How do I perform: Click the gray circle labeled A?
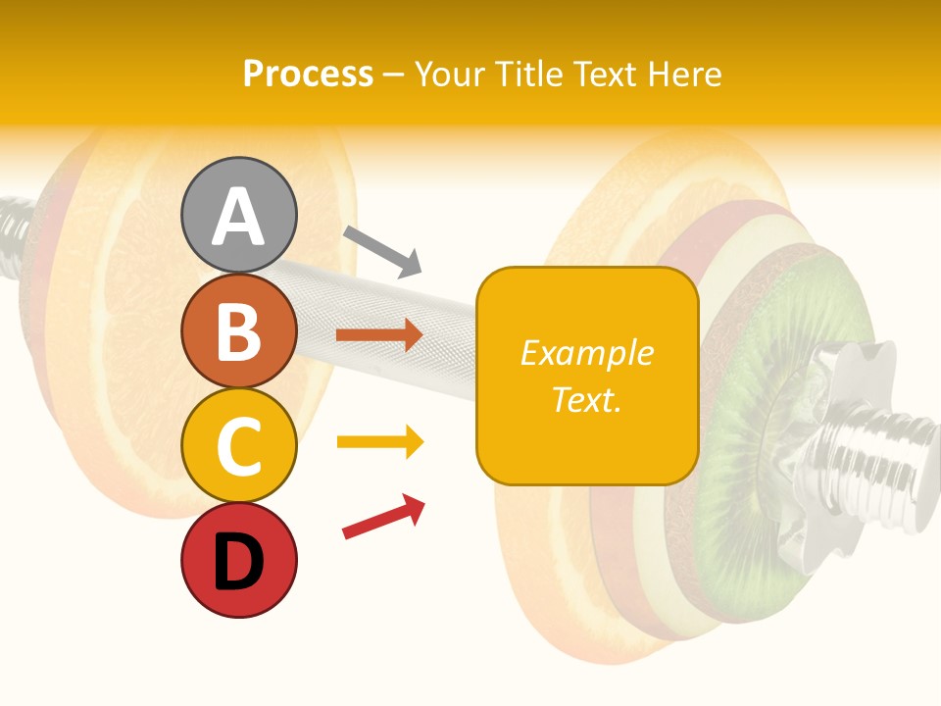coord(238,215)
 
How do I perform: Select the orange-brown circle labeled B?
coord(238,330)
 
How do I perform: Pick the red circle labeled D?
coord(238,560)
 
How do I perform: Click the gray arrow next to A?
coord(382,251)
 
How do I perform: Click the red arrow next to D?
coord(383,516)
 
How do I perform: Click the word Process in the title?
coord(308,74)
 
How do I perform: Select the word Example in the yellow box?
coord(586,353)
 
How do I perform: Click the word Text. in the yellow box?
coord(586,399)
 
